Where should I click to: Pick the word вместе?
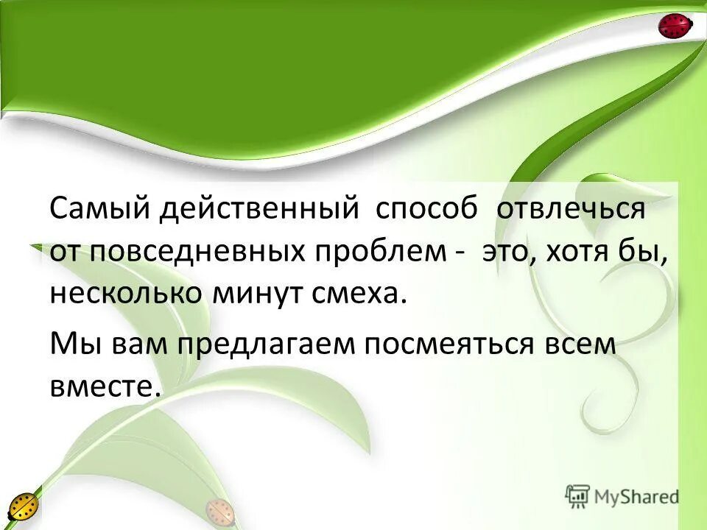tap(104, 385)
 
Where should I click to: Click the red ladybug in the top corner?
tap(675, 26)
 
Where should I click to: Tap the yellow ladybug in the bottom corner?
tap(24, 507)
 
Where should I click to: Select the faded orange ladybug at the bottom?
tap(219, 510)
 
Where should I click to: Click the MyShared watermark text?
tap(636, 496)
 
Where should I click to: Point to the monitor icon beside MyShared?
tap(578, 496)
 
